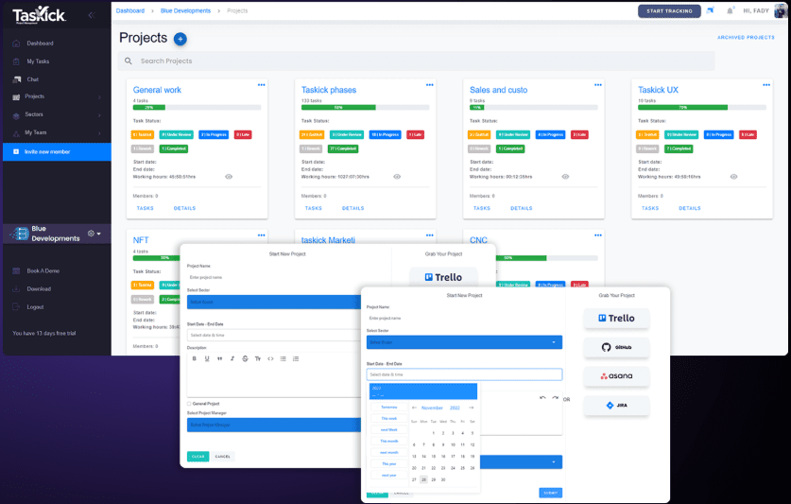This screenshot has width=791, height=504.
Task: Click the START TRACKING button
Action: pos(670,11)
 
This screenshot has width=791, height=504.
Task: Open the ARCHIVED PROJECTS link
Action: pos(746,38)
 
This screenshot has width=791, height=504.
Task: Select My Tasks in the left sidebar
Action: pos(37,61)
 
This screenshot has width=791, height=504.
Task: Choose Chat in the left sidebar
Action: pos(32,79)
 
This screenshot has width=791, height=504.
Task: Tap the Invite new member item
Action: pos(47,151)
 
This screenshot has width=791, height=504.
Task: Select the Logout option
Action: pos(35,306)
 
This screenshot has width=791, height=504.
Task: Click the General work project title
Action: pos(157,91)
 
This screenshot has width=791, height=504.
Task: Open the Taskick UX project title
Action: pos(659,91)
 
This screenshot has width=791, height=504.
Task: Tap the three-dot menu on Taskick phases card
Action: pos(429,85)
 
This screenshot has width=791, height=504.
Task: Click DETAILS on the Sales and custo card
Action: pos(521,208)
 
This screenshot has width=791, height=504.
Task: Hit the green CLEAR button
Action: pos(198,456)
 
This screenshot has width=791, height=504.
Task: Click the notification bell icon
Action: pos(730,11)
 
